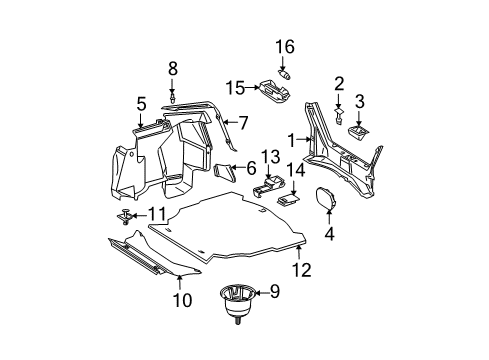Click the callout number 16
point(285,47)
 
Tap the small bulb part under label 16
point(284,74)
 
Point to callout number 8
point(172,69)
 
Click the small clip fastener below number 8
point(172,98)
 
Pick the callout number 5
point(141,104)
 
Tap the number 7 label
point(244,123)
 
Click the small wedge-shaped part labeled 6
point(225,173)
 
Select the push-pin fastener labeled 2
point(338,116)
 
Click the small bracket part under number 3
point(358,131)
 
